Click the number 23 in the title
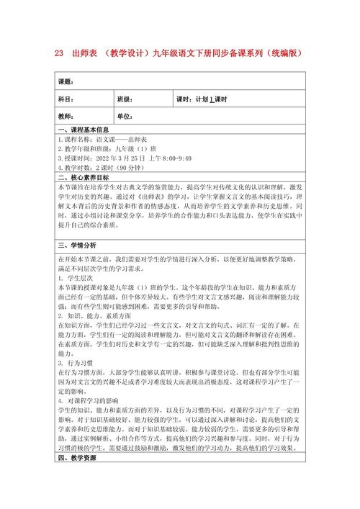60,54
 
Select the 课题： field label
66,81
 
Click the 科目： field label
66,99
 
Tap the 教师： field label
66,117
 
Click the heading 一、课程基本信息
83,130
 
